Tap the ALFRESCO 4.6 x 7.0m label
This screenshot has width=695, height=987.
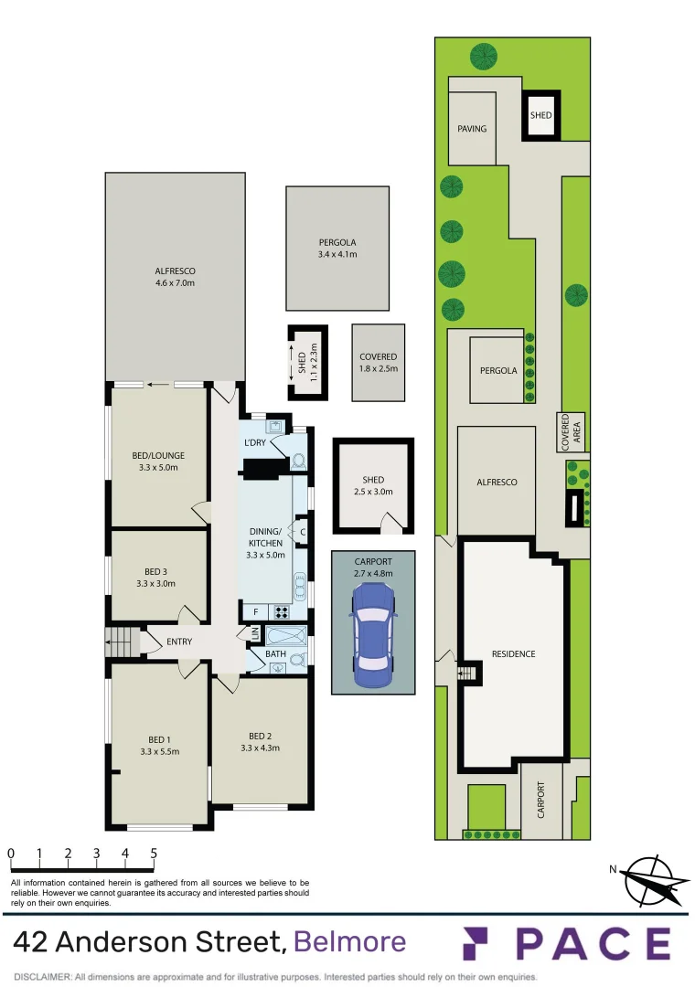pos(175,277)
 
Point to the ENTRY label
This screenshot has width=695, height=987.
pos(179,642)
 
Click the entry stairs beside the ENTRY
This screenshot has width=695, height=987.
pos(123,642)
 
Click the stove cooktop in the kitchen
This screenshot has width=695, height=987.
pos(280,613)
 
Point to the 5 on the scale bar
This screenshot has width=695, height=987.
pos(153,854)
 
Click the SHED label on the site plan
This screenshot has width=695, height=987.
pos(540,115)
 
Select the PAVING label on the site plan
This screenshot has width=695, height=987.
pos(472,129)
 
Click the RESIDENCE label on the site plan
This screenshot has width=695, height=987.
pos(513,654)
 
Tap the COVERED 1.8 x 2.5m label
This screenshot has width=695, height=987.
pos(378,362)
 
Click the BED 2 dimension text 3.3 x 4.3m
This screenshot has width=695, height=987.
pos(259,748)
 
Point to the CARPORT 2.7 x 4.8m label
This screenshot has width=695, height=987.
pos(372,568)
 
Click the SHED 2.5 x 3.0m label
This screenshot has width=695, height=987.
pos(372,485)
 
